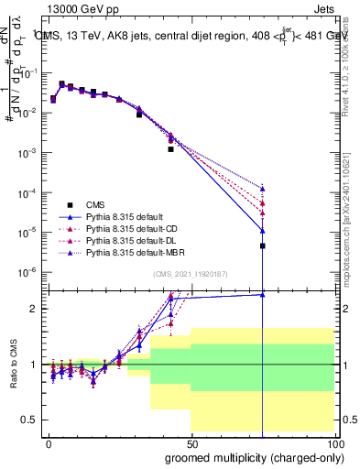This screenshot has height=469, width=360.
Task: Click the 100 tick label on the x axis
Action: (x=334, y=444)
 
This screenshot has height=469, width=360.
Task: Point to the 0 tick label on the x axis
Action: (x=48, y=444)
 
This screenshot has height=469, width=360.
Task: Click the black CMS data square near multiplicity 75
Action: (x=263, y=245)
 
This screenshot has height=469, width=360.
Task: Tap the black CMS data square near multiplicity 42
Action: (x=170, y=149)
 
